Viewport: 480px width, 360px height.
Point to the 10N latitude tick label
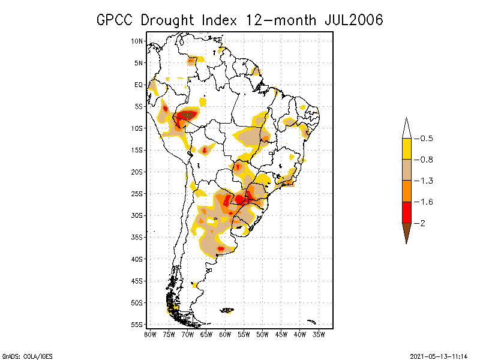pyautogui.click(x=137, y=41)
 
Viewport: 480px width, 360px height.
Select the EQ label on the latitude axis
pyautogui.click(x=138, y=85)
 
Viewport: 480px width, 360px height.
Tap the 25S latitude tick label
pyautogui.click(x=137, y=194)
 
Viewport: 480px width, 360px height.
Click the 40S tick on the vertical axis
pyautogui.click(x=137, y=259)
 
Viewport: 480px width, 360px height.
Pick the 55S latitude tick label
pyautogui.click(x=137, y=325)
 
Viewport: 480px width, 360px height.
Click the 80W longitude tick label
pyautogui.click(x=150, y=334)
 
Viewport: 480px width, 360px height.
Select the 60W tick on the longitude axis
pyautogui.click(x=225, y=334)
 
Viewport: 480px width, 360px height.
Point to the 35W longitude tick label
pyautogui.click(x=319, y=334)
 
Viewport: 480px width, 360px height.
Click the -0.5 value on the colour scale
pyautogui.click(x=424, y=139)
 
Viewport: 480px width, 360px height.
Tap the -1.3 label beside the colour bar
pyautogui.click(x=424, y=181)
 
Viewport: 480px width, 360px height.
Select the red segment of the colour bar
pyautogui.click(x=406, y=212)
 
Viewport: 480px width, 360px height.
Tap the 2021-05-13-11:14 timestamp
pyautogui.click(x=439, y=355)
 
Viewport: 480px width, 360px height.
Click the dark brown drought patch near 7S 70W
pyautogui.click(x=188, y=114)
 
